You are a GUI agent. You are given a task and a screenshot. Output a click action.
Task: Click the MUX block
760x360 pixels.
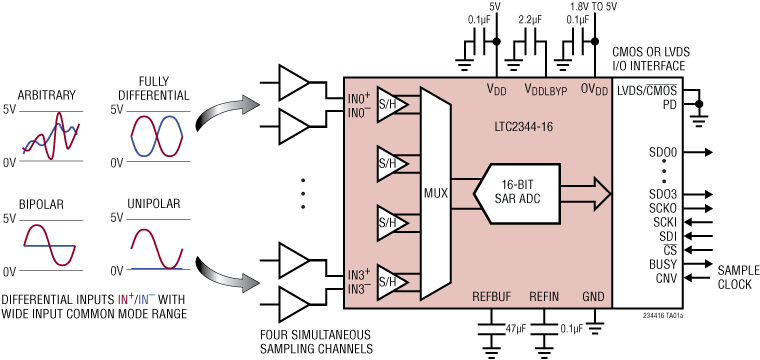(x=435, y=192)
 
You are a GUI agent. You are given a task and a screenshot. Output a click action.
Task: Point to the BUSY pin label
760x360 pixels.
(x=663, y=264)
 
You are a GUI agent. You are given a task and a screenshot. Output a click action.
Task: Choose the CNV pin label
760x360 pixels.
(x=664, y=277)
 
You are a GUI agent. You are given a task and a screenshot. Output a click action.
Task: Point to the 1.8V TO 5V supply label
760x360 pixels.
(x=596, y=6)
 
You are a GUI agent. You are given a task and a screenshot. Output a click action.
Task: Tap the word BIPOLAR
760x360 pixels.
(x=42, y=204)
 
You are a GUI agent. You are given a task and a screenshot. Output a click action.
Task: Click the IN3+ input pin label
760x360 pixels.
(x=359, y=272)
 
